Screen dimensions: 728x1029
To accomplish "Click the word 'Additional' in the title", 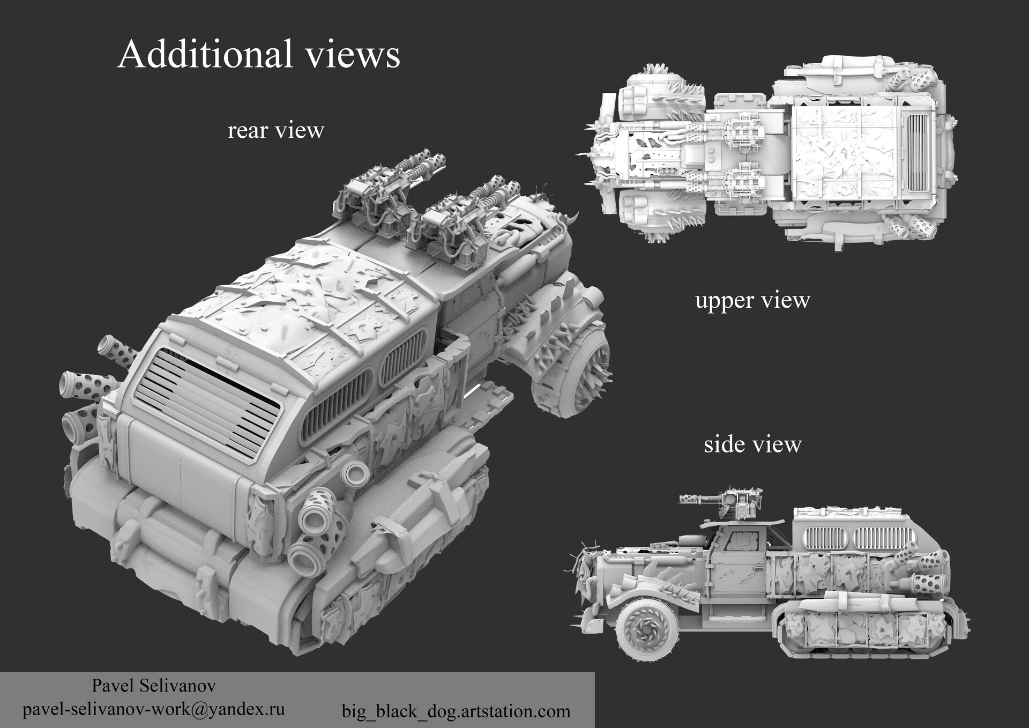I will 206,55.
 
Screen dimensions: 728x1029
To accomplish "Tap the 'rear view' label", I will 275,130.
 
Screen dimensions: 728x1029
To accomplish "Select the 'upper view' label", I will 752,300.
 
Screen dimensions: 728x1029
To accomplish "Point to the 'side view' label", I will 752,444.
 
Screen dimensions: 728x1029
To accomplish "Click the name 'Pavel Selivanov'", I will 154,686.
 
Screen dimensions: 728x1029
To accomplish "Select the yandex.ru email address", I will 153,709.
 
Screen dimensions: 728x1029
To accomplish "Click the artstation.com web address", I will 456,711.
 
